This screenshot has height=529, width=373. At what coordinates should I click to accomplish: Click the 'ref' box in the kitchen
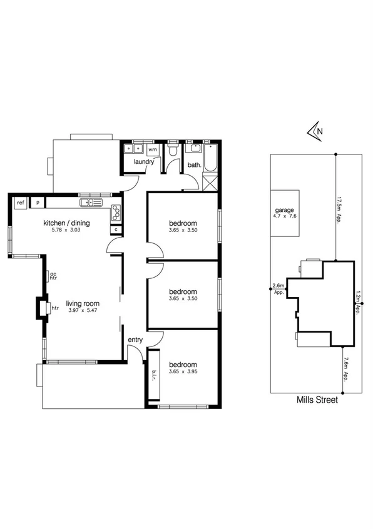click(21, 202)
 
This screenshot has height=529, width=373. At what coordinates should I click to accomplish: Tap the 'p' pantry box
click(38, 202)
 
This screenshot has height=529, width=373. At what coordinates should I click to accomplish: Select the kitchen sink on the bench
click(91, 203)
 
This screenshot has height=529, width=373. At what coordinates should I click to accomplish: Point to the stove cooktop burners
click(116, 213)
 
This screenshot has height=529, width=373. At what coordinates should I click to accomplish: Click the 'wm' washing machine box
click(153, 149)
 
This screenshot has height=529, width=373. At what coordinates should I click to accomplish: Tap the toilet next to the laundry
click(173, 151)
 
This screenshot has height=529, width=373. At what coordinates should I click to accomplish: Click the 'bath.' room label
click(194, 166)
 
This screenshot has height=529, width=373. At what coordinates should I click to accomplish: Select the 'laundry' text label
click(144, 162)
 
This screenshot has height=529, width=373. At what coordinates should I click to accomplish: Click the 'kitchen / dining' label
click(66, 223)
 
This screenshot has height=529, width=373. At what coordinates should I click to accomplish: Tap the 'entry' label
click(135, 340)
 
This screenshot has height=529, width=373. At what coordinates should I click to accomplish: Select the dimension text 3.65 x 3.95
click(183, 372)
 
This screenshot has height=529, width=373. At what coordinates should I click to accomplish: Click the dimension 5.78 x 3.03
click(66, 230)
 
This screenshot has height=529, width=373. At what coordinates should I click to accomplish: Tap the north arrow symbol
click(315, 131)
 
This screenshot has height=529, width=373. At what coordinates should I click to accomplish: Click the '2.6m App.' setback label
click(278, 288)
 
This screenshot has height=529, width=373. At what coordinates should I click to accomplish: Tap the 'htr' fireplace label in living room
click(54, 308)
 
